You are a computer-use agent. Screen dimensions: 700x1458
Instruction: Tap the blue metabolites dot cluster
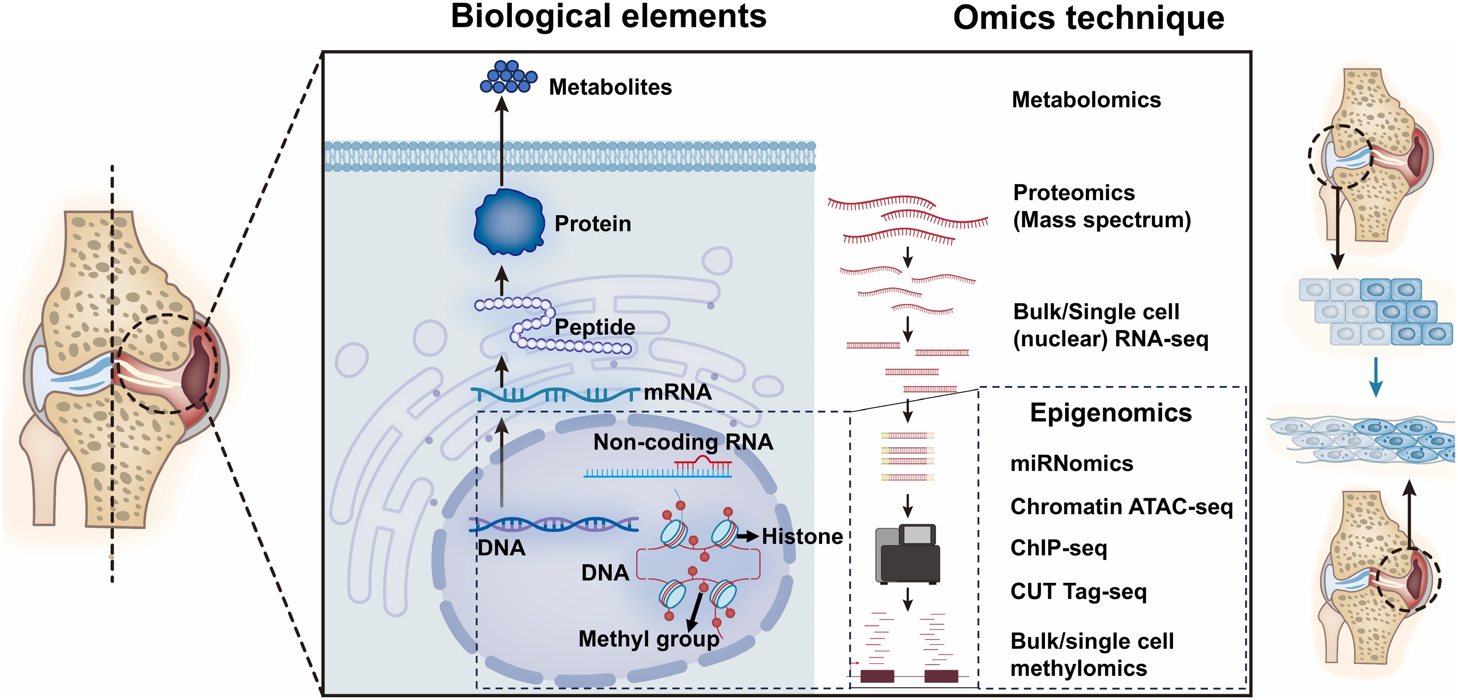click(508, 77)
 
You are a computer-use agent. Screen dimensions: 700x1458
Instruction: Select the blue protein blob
click(508, 223)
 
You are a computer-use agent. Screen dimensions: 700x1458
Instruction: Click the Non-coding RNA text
click(682, 442)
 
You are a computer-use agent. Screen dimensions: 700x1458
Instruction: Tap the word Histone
click(802, 536)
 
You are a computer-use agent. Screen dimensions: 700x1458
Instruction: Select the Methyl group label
click(648, 639)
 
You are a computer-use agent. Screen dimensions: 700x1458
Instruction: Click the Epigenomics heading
click(1111, 413)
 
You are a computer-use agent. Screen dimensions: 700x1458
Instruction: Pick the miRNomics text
click(1071, 463)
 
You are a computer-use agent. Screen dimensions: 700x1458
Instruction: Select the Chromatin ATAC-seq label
click(1121, 506)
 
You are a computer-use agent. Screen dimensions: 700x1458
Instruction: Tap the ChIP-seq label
click(1059, 548)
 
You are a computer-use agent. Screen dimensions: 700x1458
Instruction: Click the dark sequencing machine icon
click(907, 555)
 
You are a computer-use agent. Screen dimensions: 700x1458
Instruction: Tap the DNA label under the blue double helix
click(501, 548)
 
